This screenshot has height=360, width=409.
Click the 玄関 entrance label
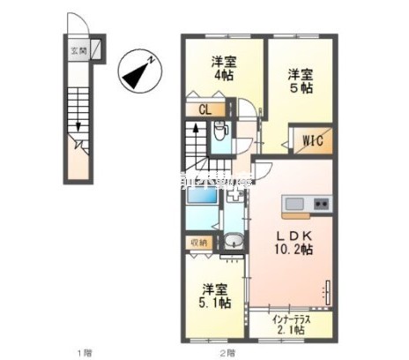click(78, 50)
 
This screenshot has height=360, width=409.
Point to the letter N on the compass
click(152, 61)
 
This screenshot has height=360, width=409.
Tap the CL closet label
click(204, 110)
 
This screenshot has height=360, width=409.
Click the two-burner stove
click(320, 205)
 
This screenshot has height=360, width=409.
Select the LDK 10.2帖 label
click(294, 244)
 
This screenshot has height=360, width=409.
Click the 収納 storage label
click(198, 241)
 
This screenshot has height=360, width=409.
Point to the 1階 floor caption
click(84, 352)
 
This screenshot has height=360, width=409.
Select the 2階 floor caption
click(227, 352)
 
